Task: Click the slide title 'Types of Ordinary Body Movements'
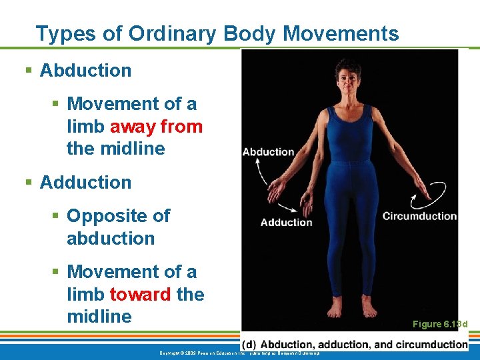click(x=217, y=33)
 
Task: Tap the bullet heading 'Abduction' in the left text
click(x=85, y=70)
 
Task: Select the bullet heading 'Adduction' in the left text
click(x=85, y=182)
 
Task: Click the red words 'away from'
click(x=156, y=126)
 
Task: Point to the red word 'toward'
click(x=141, y=294)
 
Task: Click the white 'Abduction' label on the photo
click(x=268, y=152)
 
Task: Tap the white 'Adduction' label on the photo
click(x=286, y=222)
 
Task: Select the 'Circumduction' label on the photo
click(x=419, y=216)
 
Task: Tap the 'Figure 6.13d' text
click(x=440, y=324)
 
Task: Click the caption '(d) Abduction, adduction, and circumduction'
click(x=355, y=344)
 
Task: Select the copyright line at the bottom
click(x=240, y=353)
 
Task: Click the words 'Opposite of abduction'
click(x=118, y=227)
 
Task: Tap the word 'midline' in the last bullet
click(x=99, y=316)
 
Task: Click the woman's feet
click(x=351, y=309)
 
